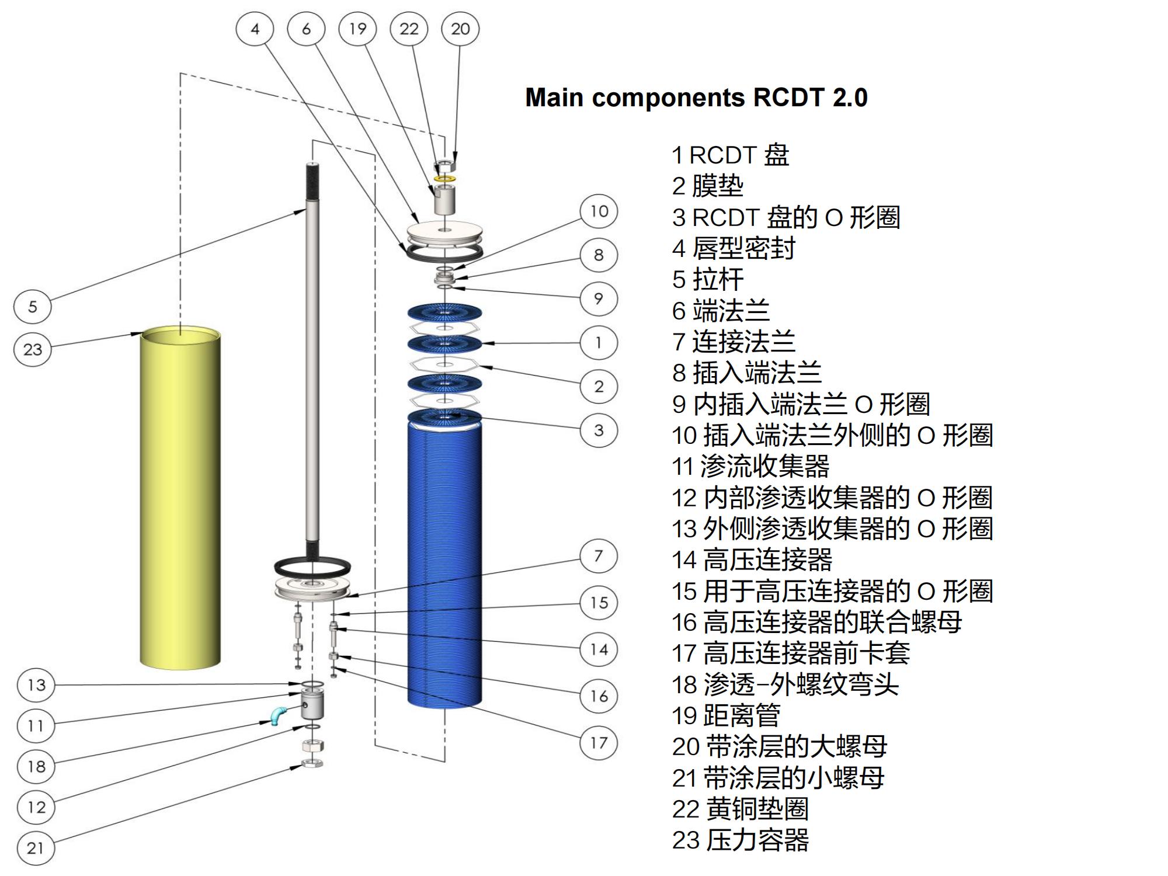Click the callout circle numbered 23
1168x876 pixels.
[x=33, y=349]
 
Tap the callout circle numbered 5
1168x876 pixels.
[x=33, y=306]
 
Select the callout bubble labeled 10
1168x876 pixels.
[x=599, y=211]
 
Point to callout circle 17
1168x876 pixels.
[x=599, y=743]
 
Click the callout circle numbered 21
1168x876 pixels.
[x=36, y=847]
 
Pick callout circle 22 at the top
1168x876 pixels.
[x=409, y=29]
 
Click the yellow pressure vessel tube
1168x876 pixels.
[x=180, y=502]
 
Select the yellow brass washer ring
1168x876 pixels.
[x=445, y=177]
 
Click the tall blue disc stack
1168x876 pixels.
[x=445, y=561]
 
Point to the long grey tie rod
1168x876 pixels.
[x=312, y=362]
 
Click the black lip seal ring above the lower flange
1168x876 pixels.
[x=312, y=566]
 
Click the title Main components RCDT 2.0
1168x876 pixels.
[x=696, y=98]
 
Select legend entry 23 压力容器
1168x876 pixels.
[x=740, y=840]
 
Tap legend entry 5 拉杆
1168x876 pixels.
[x=708, y=280]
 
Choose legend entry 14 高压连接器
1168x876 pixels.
[x=752, y=560]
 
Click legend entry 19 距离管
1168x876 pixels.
[x=726, y=715]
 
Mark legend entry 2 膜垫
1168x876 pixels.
[x=708, y=186]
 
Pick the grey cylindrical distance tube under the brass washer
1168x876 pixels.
[x=445, y=199]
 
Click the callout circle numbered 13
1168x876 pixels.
[x=36, y=684]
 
